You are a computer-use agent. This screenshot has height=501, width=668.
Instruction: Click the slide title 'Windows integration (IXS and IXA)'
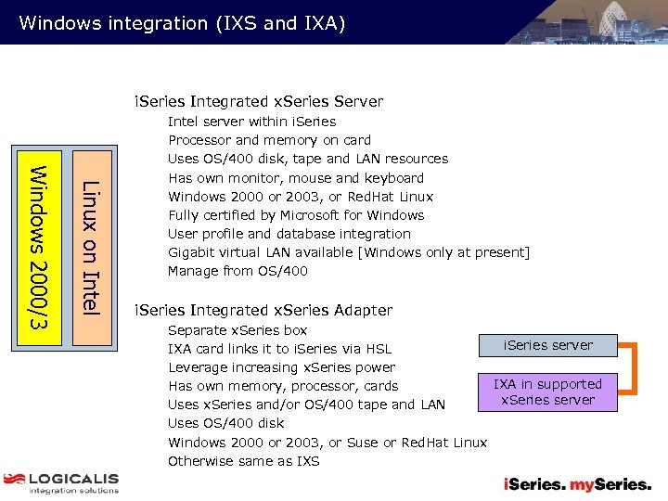coord(182,22)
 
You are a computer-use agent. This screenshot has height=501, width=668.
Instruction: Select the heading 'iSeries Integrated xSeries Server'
coord(259,101)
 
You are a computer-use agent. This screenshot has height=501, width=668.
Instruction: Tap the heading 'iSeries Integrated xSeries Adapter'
coord(263,310)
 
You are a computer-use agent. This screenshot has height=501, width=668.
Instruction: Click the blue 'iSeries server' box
coord(547,345)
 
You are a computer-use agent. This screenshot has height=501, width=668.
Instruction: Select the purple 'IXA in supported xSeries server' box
coord(547,392)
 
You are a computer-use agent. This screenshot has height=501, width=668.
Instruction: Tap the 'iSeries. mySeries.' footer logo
coord(577,483)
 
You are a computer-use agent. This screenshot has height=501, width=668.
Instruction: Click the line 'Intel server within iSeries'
coord(251,122)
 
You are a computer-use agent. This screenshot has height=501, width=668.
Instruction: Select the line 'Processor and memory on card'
coord(269,140)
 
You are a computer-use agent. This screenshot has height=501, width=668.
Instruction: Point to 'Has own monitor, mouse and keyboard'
coord(295,178)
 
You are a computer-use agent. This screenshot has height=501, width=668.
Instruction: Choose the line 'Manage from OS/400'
coord(237,271)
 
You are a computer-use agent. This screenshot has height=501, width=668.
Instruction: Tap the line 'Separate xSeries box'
coord(237,330)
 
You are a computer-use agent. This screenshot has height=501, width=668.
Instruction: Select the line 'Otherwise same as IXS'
coord(243,461)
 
